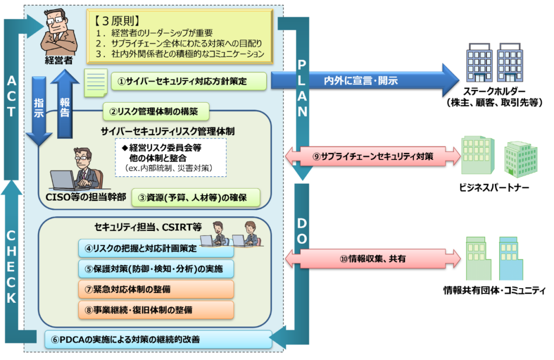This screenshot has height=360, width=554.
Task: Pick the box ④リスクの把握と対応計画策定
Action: (x=156, y=250)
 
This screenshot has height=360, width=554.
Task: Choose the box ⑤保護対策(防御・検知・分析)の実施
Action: (x=156, y=268)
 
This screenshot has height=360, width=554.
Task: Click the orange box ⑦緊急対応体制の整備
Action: (x=156, y=289)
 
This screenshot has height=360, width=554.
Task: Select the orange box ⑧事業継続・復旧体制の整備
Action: (x=156, y=310)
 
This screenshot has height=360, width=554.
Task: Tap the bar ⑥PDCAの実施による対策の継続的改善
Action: (x=157, y=340)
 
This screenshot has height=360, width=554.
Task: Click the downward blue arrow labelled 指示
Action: (x=39, y=111)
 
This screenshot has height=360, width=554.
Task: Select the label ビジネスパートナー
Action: (x=494, y=188)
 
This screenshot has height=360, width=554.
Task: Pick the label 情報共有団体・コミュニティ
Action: (x=494, y=291)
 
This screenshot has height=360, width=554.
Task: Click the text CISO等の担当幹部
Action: (x=87, y=197)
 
